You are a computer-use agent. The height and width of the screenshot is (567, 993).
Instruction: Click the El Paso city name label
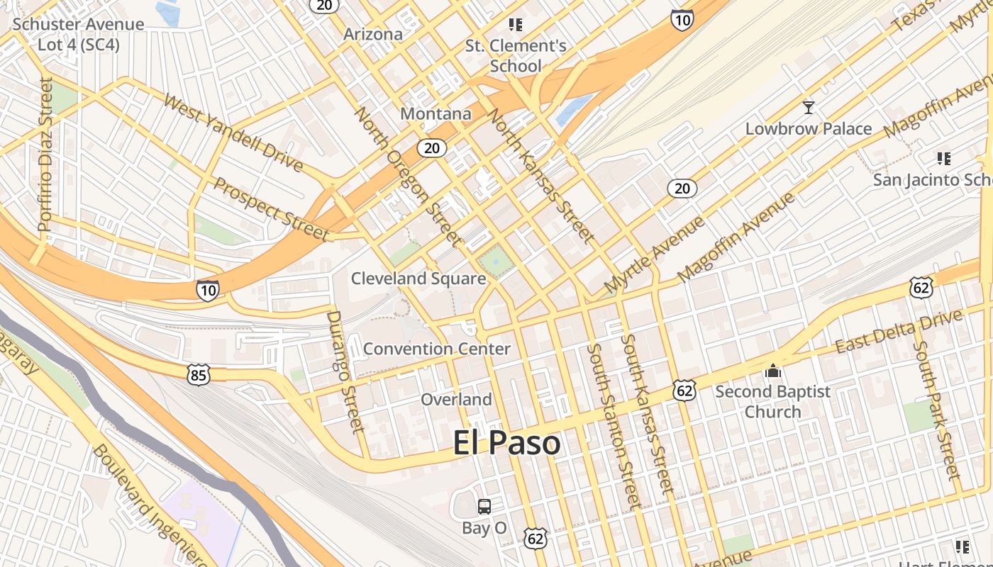point(507,444)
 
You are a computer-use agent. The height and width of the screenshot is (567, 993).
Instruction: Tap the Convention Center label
point(436,349)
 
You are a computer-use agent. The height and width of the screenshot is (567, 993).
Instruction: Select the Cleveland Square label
point(418,279)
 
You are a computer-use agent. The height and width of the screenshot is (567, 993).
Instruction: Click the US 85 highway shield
point(199,375)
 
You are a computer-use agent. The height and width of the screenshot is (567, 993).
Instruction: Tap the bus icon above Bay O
point(484,507)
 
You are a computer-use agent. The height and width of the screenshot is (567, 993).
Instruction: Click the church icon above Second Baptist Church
point(773,371)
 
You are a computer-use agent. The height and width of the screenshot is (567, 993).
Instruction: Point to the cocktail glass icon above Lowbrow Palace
point(808,108)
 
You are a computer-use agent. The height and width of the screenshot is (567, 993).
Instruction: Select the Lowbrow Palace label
point(808,129)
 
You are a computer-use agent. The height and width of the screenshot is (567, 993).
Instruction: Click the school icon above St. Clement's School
point(516,25)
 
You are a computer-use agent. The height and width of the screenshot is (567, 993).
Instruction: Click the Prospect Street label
point(272,209)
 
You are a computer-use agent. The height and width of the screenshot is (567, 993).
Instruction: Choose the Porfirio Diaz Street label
point(45,155)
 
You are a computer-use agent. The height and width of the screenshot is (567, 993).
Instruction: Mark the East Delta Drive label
point(899,332)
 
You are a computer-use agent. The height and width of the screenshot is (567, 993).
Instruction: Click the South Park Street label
point(936,410)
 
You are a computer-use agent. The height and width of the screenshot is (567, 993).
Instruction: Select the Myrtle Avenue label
point(654,255)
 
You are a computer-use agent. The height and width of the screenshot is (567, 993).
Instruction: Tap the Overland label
point(456,400)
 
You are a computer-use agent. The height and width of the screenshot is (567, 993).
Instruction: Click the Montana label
point(436,113)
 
